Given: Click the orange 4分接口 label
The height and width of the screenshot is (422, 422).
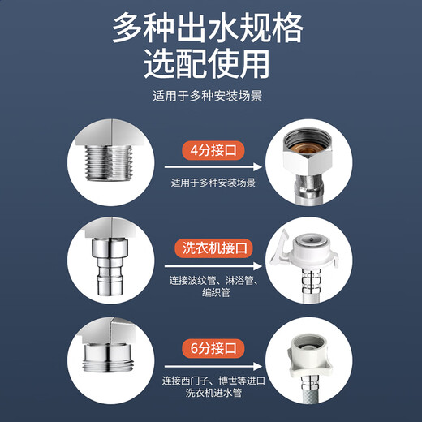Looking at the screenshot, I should coord(213,151).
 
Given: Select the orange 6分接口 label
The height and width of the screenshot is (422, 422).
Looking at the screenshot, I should coord(213,349).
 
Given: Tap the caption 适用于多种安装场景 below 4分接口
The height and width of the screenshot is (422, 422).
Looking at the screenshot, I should coord(213,183).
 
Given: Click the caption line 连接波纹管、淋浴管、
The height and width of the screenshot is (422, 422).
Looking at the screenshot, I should coord(213,281).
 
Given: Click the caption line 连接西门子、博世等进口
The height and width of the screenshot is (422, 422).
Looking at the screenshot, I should coord(213,380).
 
